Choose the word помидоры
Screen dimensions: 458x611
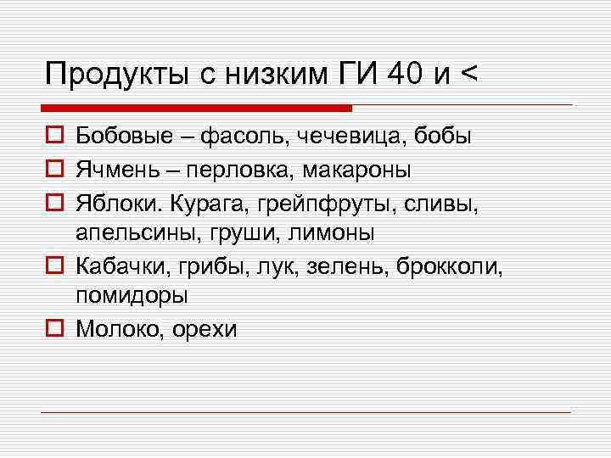click(x=132, y=295)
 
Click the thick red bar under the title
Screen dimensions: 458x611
click(x=196, y=108)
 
